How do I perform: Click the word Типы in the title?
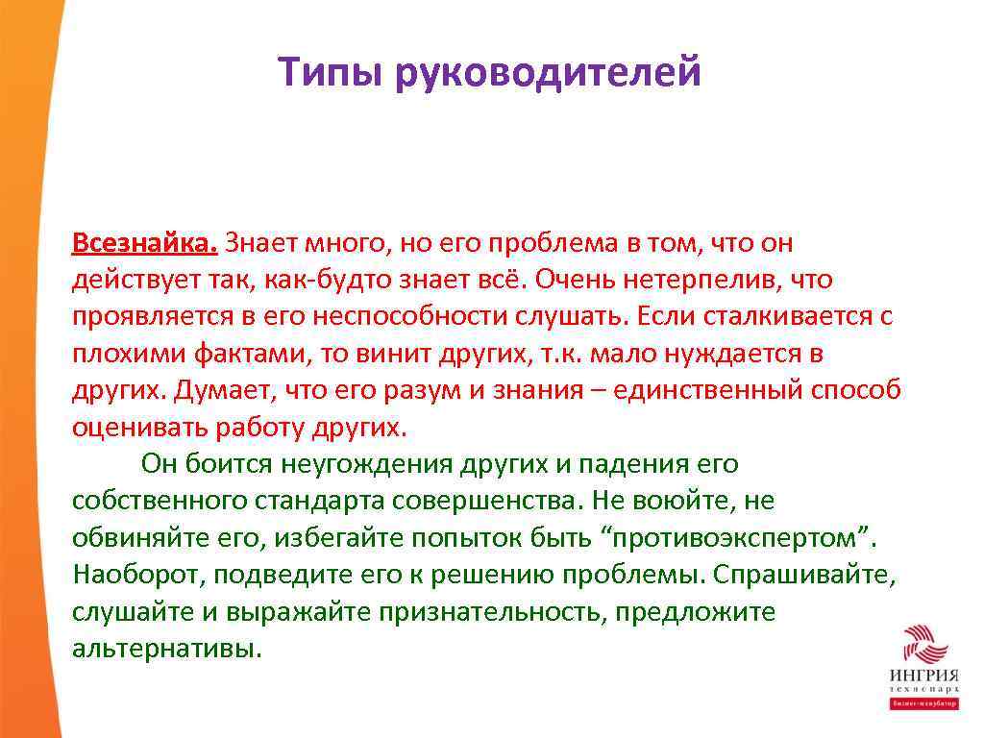coord(329,73)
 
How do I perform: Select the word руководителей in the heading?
coord(548,73)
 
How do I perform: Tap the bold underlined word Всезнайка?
coord(145,244)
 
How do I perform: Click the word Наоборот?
coord(138,574)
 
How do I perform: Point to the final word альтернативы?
coord(165,648)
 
